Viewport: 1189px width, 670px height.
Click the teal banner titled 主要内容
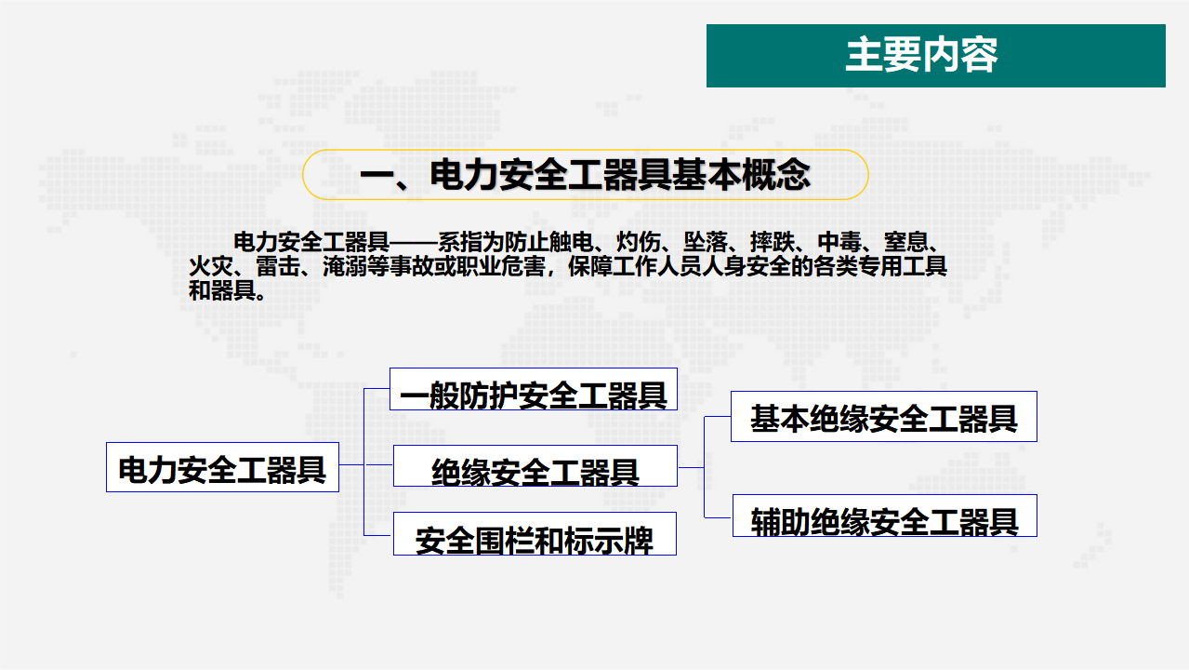click(x=936, y=56)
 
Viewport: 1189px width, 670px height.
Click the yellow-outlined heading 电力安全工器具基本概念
click(x=586, y=174)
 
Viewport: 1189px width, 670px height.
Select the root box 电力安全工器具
click(x=222, y=467)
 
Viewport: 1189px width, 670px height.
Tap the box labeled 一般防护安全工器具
click(x=534, y=389)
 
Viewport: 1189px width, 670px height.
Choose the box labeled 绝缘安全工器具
click(x=535, y=466)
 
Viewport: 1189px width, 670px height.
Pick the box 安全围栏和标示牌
click(x=535, y=533)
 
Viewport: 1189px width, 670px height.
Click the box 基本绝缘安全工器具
click(x=884, y=417)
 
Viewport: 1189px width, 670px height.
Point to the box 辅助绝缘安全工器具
click(x=885, y=516)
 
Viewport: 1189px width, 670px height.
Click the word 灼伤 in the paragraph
click(x=639, y=242)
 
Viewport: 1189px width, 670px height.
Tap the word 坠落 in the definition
click(x=706, y=242)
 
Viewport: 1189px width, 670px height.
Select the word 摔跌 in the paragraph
click(x=773, y=242)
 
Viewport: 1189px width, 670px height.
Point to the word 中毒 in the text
click(x=839, y=242)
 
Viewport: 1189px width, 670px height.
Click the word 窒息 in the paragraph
click(x=906, y=242)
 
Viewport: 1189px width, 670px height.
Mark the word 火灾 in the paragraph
click(x=211, y=266)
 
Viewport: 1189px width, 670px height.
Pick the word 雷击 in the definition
click(x=278, y=266)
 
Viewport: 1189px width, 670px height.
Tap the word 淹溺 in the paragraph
click(x=345, y=266)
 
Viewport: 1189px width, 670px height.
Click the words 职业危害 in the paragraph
click(x=501, y=266)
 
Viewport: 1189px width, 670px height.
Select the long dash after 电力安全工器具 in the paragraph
click(x=414, y=243)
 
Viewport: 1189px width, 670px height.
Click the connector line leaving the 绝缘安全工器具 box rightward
click(x=691, y=467)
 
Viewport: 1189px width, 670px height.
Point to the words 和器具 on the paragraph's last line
click(x=222, y=290)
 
